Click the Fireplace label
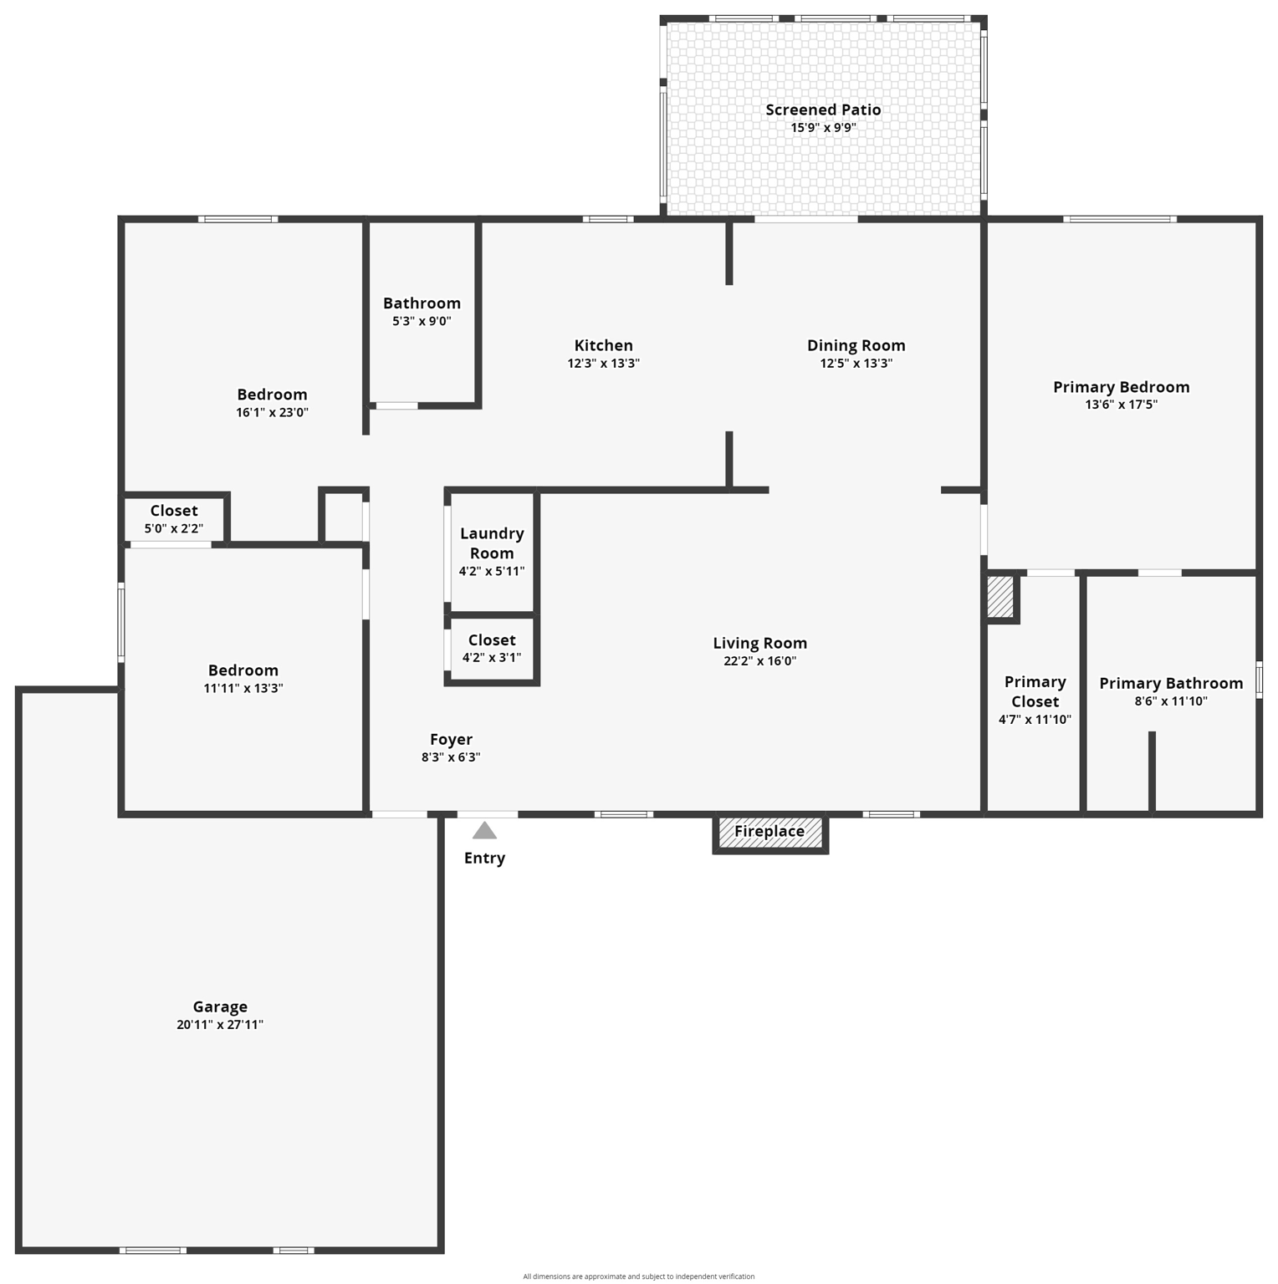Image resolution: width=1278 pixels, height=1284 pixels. (769, 832)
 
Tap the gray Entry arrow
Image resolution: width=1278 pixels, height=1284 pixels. (484, 830)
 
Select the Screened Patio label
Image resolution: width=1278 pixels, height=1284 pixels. (823, 110)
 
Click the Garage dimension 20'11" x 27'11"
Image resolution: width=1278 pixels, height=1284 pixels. (220, 1025)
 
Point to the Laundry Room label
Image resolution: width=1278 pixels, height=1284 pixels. (492, 543)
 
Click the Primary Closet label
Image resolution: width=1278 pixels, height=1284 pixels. (1035, 692)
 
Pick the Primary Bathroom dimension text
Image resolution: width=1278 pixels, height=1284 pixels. (1171, 701)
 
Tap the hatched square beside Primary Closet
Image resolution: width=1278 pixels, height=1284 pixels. (1000, 597)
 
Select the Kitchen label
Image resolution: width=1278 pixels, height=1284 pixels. (603, 345)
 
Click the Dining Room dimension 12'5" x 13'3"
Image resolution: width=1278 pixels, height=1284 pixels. (856, 364)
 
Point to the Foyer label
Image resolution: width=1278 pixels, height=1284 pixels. (451, 740)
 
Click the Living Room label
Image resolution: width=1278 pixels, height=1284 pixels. (759, 643)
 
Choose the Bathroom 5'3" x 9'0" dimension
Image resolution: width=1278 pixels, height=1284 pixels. (422, 321)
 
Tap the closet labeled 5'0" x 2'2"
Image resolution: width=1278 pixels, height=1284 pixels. (174, 519)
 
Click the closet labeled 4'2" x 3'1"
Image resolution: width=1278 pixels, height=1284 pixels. (492, 649)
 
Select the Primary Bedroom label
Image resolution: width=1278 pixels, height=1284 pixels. (1121, 387)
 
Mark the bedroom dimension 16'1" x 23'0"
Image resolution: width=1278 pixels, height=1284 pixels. (272, 412)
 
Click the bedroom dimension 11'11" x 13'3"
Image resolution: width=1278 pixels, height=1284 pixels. (243, 689)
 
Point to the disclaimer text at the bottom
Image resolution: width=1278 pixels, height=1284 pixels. (638, 1276)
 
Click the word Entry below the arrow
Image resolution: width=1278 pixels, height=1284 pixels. (484, 859)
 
